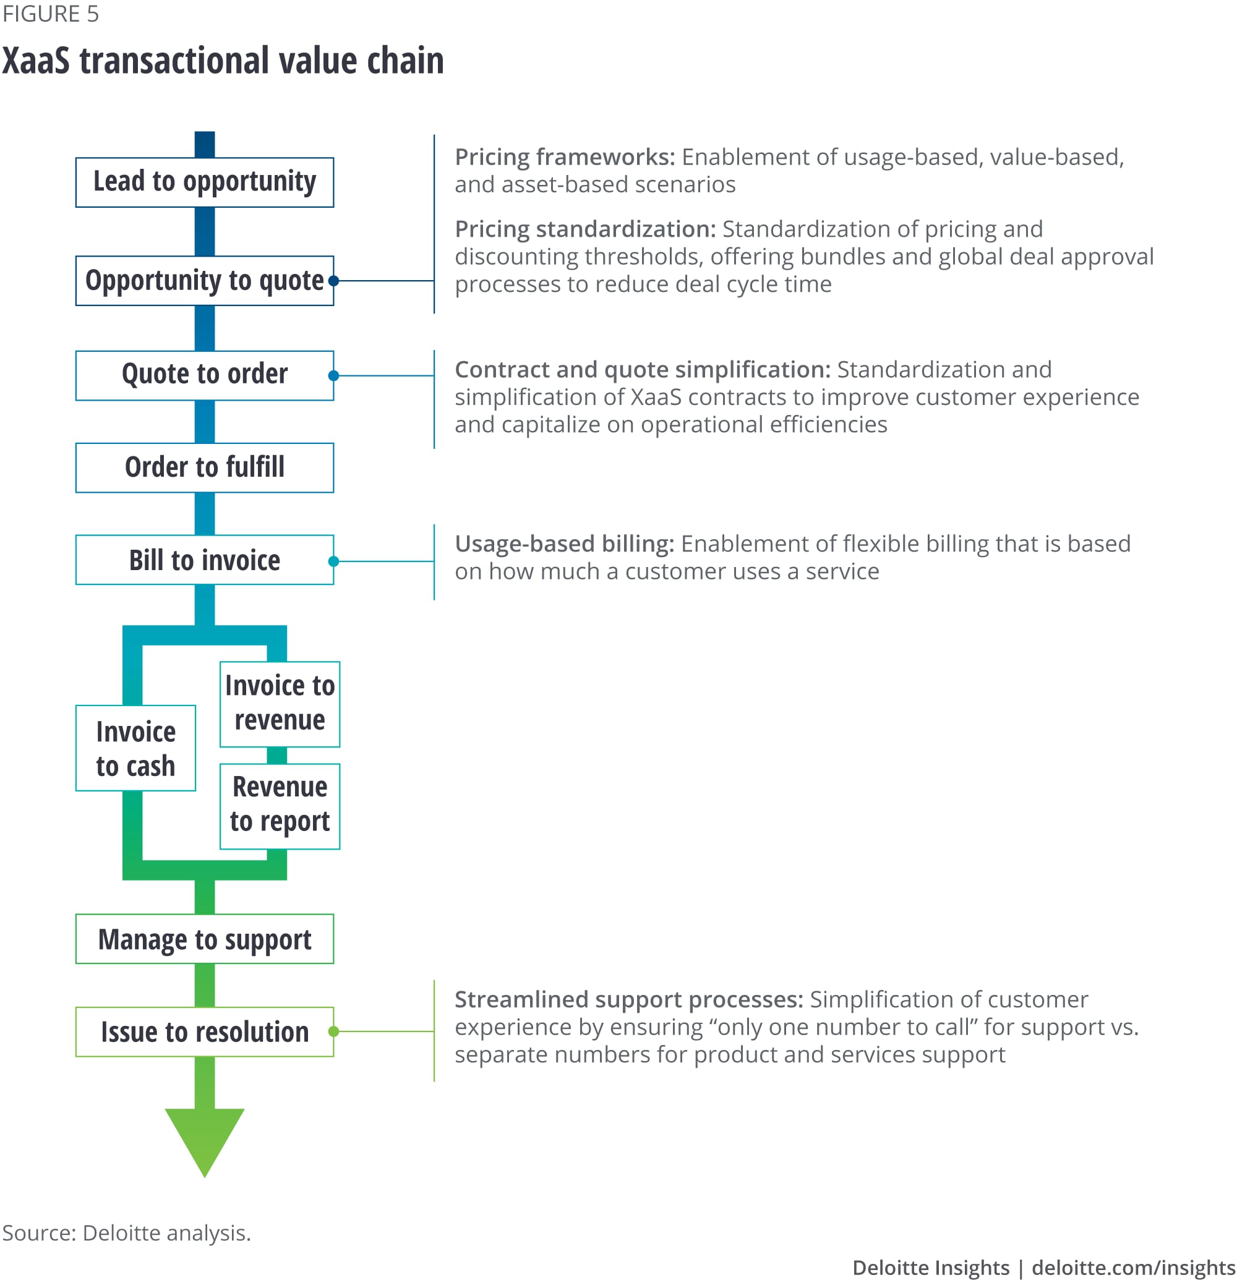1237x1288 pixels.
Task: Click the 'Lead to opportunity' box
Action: pyautogui.click(x=204, y=182)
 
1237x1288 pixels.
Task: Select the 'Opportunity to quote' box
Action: pyautogui.click(x=204, y=281)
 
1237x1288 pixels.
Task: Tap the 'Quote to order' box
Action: pyautogui.click(x=204, y=375)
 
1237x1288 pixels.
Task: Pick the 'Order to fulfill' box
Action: pyautogui.click(x=204, y=467)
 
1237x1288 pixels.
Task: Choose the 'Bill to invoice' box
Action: pyautogui.click(x=204, y=560)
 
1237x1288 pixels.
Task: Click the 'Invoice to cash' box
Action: pyautogui.click(x=135, y=748)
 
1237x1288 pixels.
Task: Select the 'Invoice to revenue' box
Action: pyautogui.click(x=280, y=704)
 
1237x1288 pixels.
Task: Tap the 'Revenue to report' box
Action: pyautogui.click(x=280, y=806)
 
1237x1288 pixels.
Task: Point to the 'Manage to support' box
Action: pyautogui.click(x=204, y=939)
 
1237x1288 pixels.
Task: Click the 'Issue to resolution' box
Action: pyautogui.click(x=204, y=1032)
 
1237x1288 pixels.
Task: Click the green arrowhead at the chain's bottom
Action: pyautogui.click(x=204, y=1138)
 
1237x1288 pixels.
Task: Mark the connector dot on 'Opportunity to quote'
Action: pyautogui.click(x=333, y=281)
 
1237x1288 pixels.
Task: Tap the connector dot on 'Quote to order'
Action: pyautogui.click(x=333, y=375)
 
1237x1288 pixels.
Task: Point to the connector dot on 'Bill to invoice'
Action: pyautogui.click(x=333, y=561)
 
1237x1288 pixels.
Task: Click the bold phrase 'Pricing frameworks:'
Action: pyautogui.click(x=565, y=157)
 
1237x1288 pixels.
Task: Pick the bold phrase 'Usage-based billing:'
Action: pyautogui.click(x=565, y=544)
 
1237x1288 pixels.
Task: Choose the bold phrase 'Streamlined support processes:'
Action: pyautogui.click(x=628, y=999)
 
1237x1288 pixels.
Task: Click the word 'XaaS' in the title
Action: pyautogui.click(x=35, y=61)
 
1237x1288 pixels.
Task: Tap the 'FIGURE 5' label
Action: pyautogui.click(x=51, y=14)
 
